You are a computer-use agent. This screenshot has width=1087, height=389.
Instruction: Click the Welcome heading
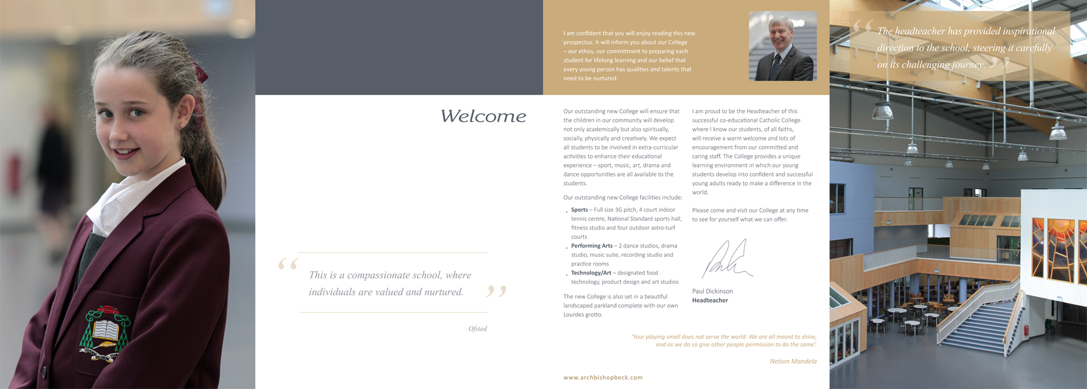[483, 116]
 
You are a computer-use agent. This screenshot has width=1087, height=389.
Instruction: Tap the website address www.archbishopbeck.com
[602, 378]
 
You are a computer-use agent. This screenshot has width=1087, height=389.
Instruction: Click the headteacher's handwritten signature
[727, 259]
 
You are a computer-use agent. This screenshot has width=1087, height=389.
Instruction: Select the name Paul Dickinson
[712, 292]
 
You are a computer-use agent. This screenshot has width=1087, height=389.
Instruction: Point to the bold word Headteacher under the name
[710, 301]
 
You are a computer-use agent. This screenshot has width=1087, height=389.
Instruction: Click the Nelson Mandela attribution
[793, 361]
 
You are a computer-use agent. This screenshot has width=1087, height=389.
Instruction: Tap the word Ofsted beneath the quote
[477, 329]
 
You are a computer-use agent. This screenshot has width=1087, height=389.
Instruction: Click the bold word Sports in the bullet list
[579, 210]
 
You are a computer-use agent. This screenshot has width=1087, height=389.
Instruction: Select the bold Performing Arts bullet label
[592, 246]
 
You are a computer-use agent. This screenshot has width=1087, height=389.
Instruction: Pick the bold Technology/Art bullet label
[591, 273]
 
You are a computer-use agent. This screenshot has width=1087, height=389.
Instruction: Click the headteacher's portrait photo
[782, 46]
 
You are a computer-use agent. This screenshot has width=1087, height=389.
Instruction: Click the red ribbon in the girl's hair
[200, 72]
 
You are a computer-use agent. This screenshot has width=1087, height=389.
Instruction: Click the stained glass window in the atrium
[1054, 249]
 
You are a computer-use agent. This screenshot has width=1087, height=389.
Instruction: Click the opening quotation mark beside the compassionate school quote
[288, 264]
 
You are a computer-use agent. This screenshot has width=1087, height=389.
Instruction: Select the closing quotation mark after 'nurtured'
[496, 292]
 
